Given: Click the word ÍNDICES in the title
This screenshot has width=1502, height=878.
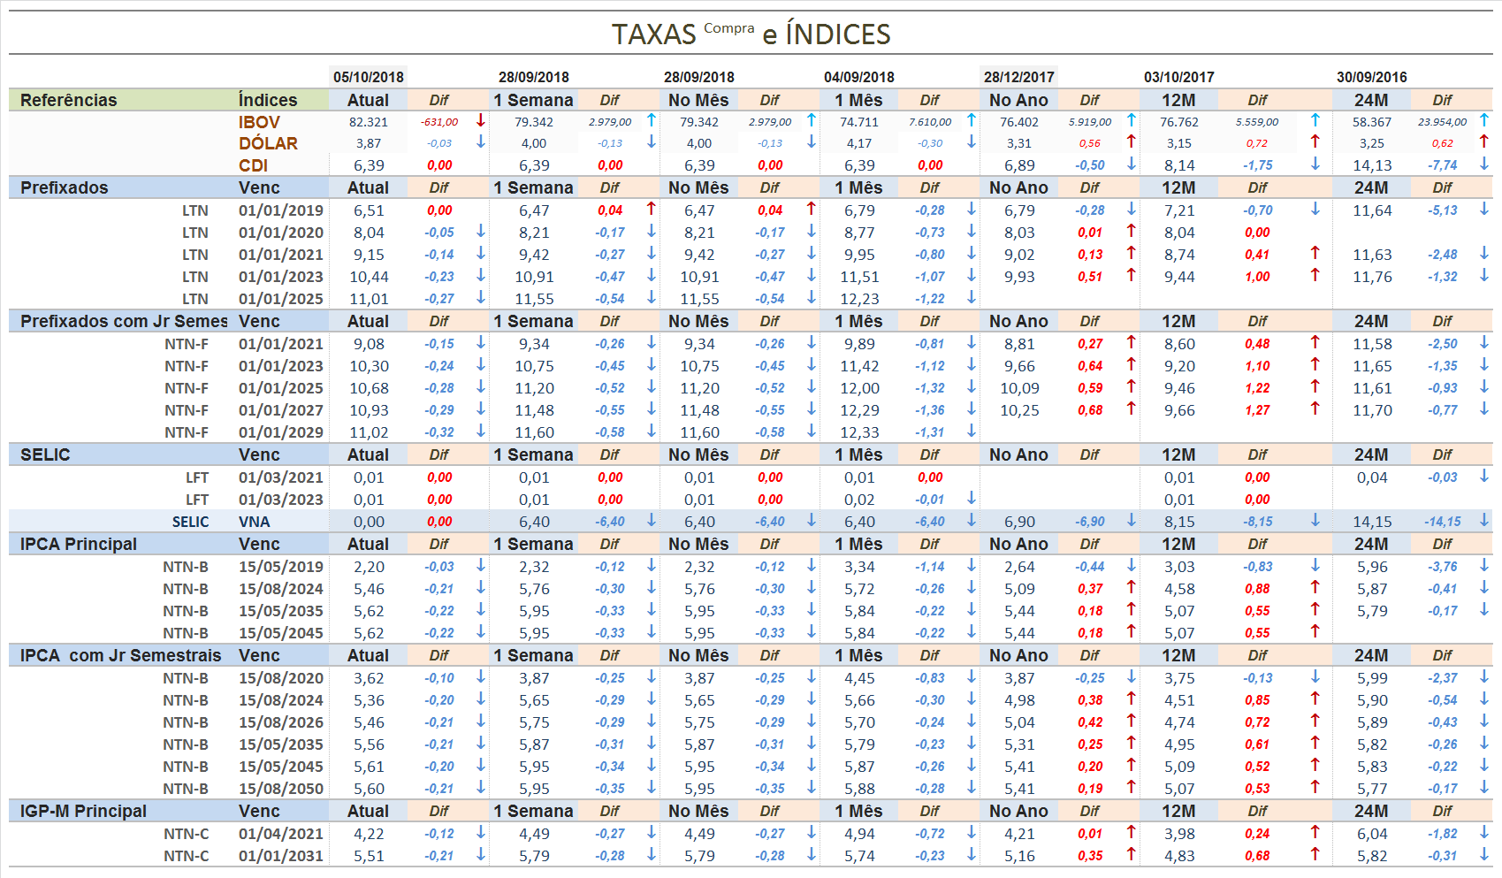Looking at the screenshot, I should coord(837,34).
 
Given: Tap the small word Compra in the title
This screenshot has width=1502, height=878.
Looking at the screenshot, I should coord(728,28).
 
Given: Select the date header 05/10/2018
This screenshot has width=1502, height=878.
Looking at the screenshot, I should coord(369,77).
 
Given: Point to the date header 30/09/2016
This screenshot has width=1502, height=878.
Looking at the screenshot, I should coord(1371,77).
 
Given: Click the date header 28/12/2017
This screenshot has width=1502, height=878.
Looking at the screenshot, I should coord(1018,77).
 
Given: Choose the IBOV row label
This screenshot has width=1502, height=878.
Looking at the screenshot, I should coord(259,122).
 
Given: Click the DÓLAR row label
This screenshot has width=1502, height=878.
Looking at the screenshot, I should coord(268,143).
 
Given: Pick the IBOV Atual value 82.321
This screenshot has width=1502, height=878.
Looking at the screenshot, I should coord(368,122).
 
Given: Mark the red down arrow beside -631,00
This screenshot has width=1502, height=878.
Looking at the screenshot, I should coord(481,120).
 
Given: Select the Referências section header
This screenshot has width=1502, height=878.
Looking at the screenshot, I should coord(68,100).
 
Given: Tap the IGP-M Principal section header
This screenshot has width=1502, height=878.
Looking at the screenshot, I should coord(83,811).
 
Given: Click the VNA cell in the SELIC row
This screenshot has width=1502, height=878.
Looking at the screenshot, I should coord(255,522).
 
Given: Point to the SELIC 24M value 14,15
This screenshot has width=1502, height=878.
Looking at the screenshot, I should coord(1372,522).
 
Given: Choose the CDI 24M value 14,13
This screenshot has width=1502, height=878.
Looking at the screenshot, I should coord(1372,165).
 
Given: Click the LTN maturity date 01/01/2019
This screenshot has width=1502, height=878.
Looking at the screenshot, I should coord(280,210).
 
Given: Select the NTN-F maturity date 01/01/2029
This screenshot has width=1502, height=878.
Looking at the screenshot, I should coord(280,432).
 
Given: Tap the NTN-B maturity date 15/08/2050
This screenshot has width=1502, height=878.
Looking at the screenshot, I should coord(280,789).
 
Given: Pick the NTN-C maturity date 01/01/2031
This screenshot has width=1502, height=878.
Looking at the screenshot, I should coord(280,856).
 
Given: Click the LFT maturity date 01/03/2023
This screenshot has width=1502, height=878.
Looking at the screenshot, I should coord(280,500).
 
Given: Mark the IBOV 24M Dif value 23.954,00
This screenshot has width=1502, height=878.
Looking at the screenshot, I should coord(1442,122).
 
